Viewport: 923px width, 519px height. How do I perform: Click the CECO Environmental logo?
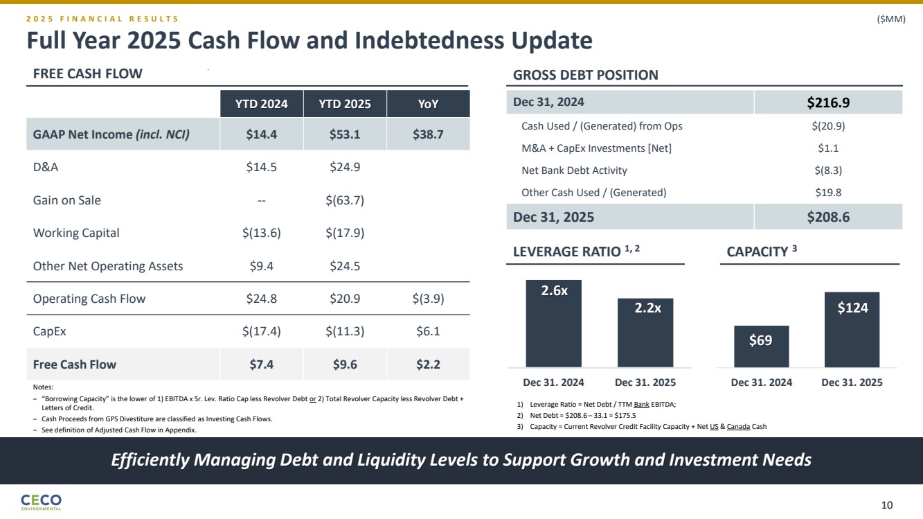pyautogui.click(x=42, y=502)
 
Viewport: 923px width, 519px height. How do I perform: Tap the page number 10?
pyautogui.click(x=887, y=504)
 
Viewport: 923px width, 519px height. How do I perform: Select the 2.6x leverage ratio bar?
pyautogui.click(x=553, y=323)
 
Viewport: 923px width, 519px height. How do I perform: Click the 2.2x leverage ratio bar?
pyautogui.click(x=645, y=333)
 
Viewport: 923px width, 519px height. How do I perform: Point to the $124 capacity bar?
pyautogui.click(x=852, y=329)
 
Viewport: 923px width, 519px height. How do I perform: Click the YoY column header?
pyautogui.click(x=429, y=105)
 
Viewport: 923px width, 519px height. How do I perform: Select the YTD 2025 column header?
pyautogui.click(x=345, y=105)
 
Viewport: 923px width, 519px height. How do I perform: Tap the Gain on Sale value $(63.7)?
pyautogui.click(x=345, y=200)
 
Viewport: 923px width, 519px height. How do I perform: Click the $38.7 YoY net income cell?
pyautogui.click(x=429, y=134)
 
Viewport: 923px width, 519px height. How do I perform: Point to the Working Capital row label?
pyautogui.click(x=76, y=233)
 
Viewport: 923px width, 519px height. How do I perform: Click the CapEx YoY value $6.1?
pyautogui.click(x=429, y=331)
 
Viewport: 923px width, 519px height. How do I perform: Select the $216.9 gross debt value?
pyautogui.click(x=828, y=103)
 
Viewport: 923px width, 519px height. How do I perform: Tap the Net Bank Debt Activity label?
pyautogui.click(x=574, y=170)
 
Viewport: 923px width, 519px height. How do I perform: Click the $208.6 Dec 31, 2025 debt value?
pyautogui.click(x=828, y=217)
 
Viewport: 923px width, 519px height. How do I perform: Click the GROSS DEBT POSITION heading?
pyautogui.click(x=585, y=76)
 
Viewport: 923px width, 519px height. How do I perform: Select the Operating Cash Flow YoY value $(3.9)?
pyautogui.click(x=429, y=299)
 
